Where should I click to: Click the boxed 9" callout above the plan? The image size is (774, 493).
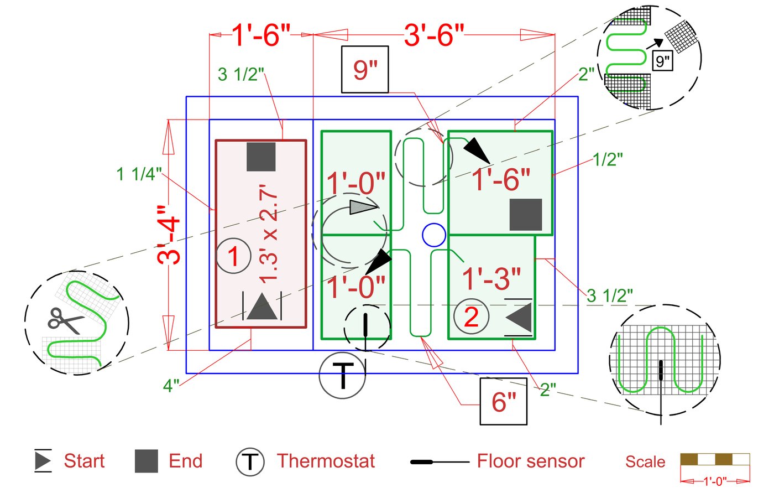tap(365, 69)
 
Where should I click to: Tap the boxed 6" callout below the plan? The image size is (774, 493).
tap(503, 401)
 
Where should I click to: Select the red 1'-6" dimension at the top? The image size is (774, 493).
tap(261, 35)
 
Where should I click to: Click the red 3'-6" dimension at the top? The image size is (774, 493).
tap(434, 35)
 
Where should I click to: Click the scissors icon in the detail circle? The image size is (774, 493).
tap(65, 320)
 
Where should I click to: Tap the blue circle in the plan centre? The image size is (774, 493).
tap(434, 235)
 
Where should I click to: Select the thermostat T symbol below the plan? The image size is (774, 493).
tap(343, 375)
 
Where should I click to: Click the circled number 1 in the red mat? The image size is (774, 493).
tap(233, 256)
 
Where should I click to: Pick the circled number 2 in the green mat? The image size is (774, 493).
tap(471, 316)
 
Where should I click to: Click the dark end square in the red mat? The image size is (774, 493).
tap(261, 157)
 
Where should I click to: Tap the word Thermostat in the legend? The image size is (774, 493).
tap(326, 461)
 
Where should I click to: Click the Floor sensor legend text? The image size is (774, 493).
tap(530, 461)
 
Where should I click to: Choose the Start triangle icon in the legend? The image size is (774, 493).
tap(43, 460)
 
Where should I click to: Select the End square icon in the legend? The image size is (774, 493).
tap(147, 461)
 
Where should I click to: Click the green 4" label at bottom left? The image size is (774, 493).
tap(171, 386)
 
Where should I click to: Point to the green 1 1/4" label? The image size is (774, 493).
tap(139, 174)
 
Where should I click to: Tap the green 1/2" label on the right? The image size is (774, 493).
tap(608, 159)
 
